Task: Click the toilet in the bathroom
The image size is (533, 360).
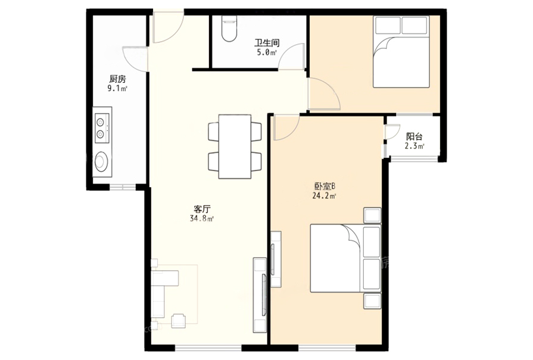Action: point(229,29)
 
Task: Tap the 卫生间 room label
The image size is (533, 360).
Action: point(267,44)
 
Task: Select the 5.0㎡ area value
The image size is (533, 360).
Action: point(267,52)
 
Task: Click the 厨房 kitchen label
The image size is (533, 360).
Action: point(117,79)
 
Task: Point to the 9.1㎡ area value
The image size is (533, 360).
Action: point(117,89)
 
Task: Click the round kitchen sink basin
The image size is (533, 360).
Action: point(102,162)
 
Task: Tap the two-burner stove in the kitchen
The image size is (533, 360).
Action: point(102,128)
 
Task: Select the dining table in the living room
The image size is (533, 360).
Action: point(235,146)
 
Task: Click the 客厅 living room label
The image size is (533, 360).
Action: point(202,209)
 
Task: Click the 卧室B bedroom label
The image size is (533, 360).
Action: point(325,186)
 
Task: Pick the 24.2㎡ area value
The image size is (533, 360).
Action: point(325,195)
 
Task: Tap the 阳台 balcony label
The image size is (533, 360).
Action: point(414,136)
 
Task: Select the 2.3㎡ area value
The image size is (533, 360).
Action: point(414,146)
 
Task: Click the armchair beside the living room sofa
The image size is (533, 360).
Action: point(179,321)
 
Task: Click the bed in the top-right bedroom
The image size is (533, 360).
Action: point(401,52)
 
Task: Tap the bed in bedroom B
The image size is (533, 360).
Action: point(345,258)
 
